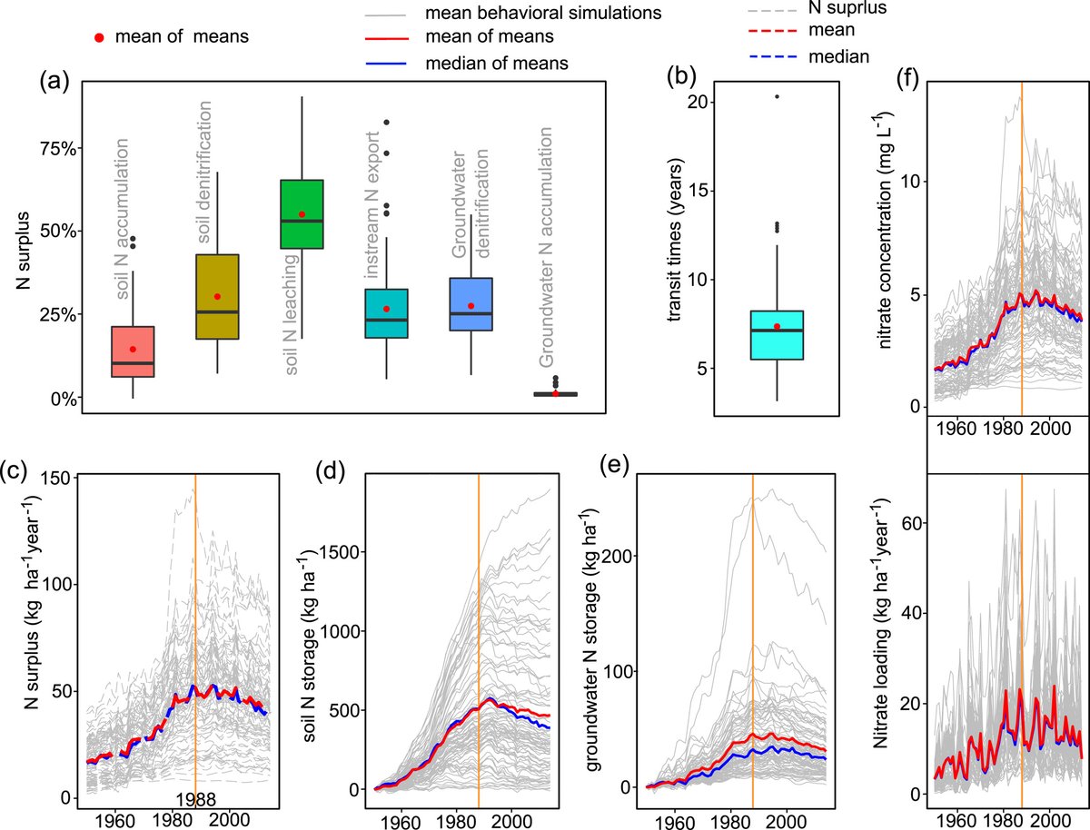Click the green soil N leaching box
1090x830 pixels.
pos(302,213)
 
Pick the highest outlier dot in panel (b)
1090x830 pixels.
pos(777,96)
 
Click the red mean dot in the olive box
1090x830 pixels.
pos(217,297)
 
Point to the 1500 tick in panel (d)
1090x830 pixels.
pos(332,552)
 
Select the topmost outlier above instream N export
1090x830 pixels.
pos(387,122)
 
